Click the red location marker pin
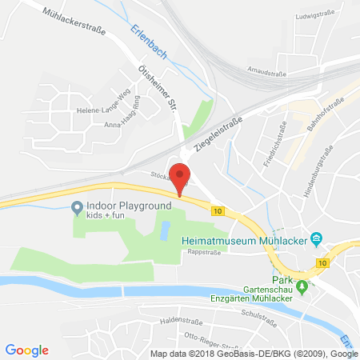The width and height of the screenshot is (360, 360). point(182,178)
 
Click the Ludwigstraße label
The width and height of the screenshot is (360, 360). point(314,14)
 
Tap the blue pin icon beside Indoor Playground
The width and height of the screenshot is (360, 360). point(77,209)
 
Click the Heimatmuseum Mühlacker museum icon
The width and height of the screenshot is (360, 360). point(317,238)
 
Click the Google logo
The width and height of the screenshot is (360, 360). point(27,350)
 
